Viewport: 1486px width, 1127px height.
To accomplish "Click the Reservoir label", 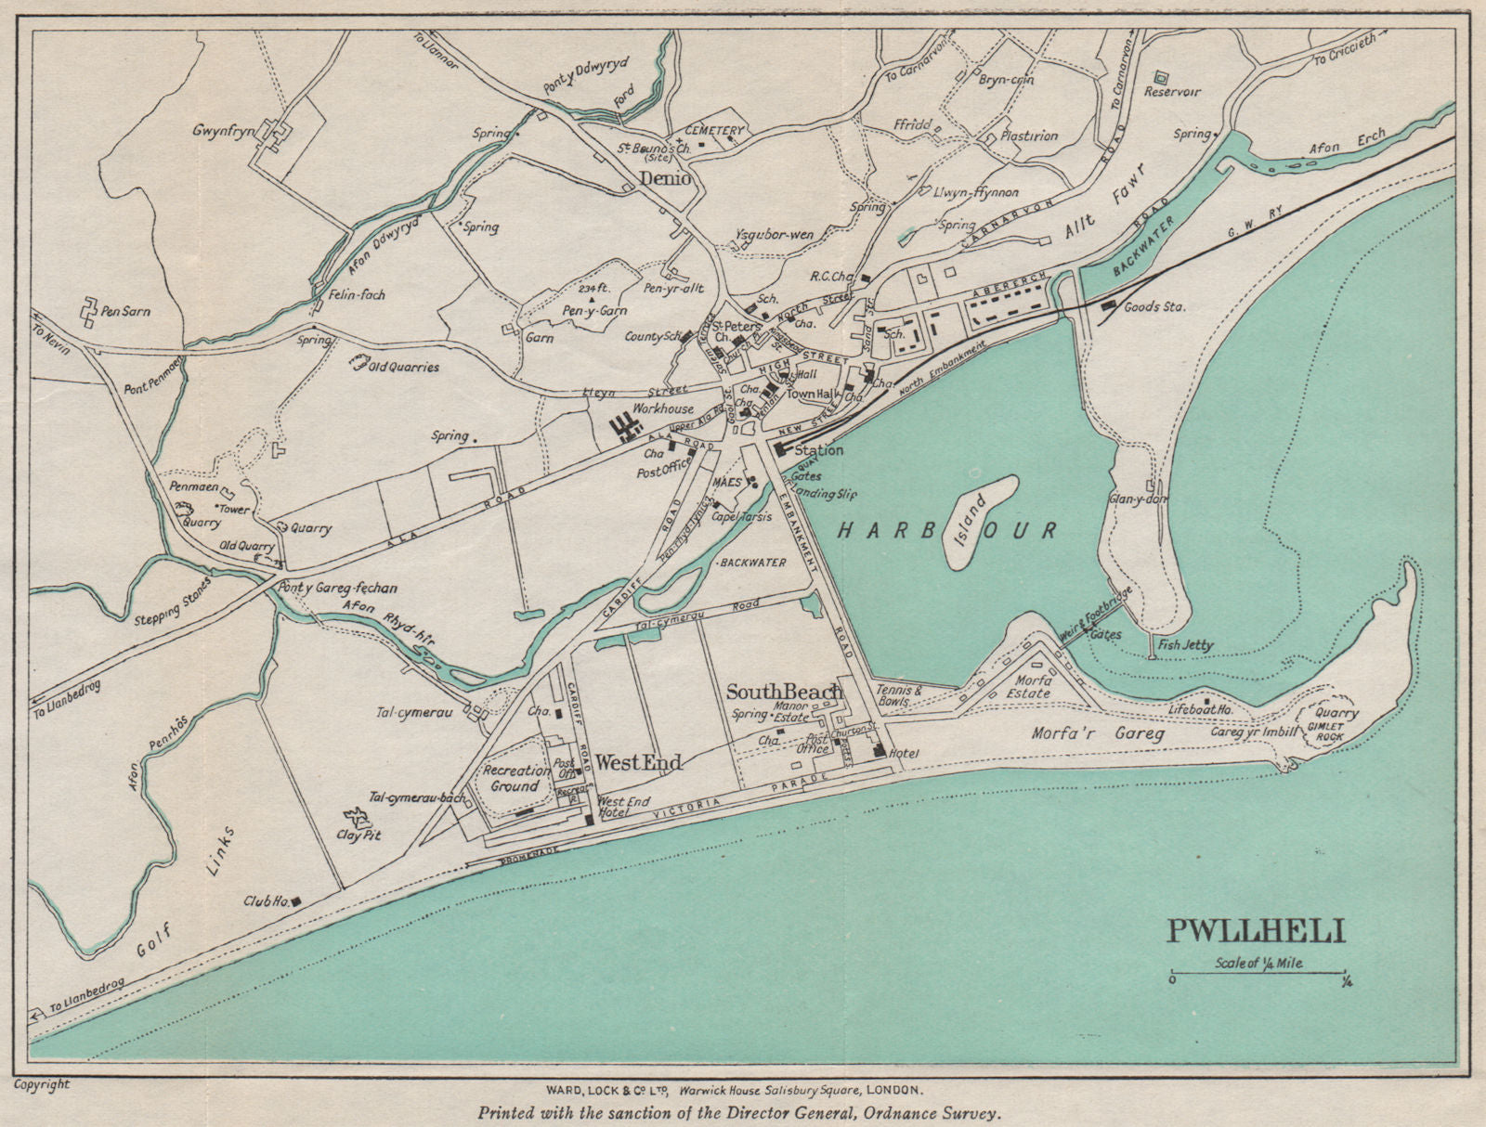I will (x=1171, y=91).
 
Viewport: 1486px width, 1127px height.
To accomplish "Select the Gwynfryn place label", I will (x=224, y=131).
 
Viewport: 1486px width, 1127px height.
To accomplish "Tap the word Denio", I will (x=665, y=178).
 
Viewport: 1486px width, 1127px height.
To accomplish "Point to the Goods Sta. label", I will (x=1154, y=306).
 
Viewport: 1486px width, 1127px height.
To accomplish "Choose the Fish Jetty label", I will (x=1185, y=644).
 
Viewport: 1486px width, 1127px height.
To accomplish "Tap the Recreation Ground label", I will (x=516, y=778).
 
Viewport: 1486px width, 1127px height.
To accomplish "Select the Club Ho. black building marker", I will (x=298, y=899).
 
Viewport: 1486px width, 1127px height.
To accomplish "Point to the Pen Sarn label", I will (x=126, y=311).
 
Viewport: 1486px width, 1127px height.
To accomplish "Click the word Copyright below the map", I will (x=42, y=1083).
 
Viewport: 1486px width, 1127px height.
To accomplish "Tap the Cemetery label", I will (x=715, y=131).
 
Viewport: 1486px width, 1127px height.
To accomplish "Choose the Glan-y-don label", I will (x=1138, y=499).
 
